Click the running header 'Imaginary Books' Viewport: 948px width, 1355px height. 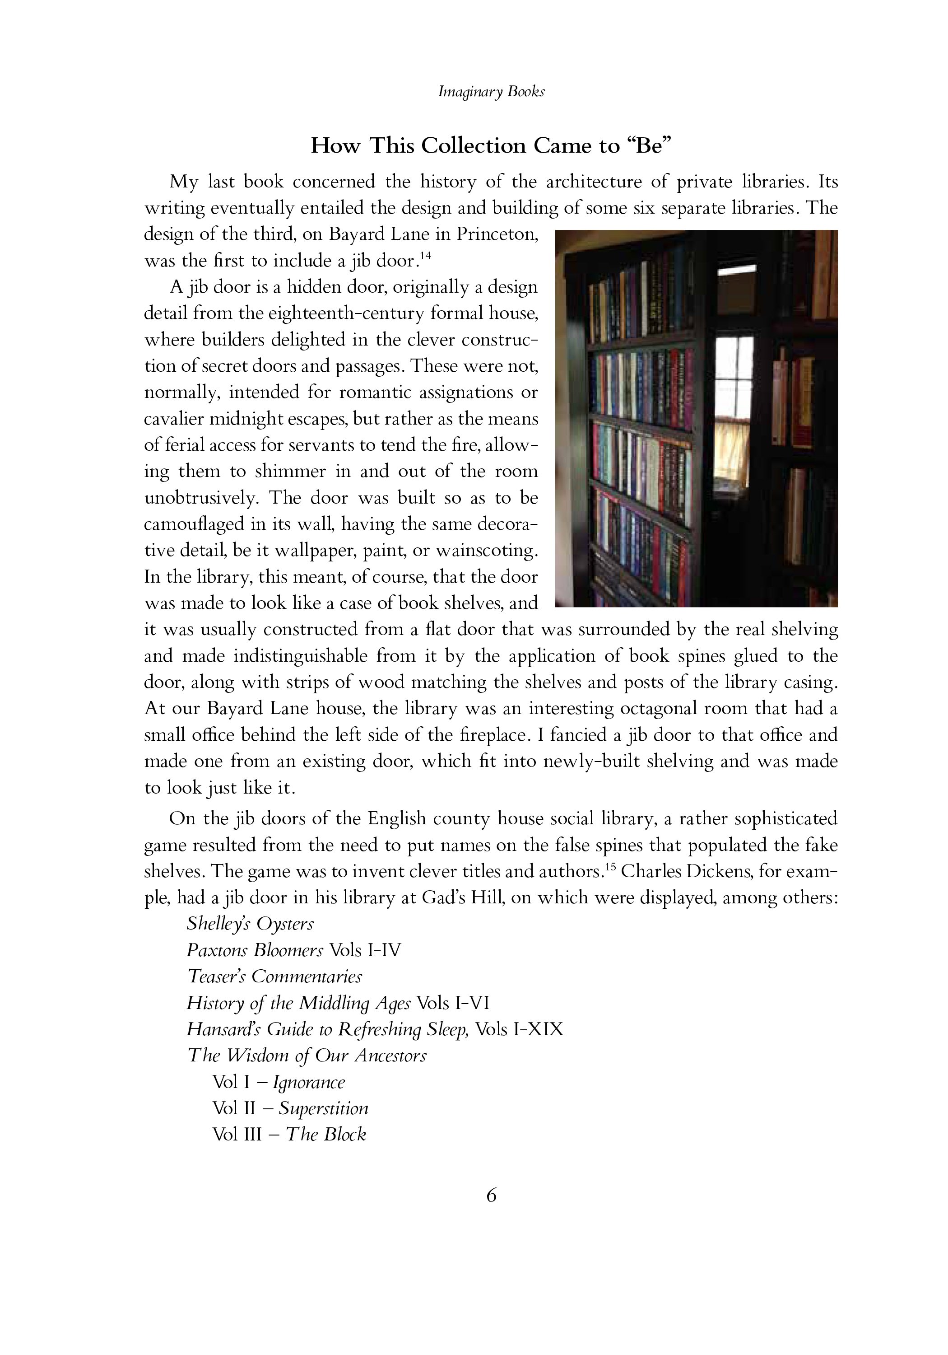point(491,92)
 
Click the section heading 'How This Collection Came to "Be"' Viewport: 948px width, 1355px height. point(491,145)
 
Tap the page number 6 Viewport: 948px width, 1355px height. point(491,1195)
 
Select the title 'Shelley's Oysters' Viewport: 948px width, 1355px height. point(250,924)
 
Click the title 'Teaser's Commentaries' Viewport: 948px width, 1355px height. point(274,976)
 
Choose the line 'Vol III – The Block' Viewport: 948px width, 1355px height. point(289,1134)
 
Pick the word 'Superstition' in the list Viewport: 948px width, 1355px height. point(323,1108)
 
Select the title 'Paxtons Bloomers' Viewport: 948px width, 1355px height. point(255,950)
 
